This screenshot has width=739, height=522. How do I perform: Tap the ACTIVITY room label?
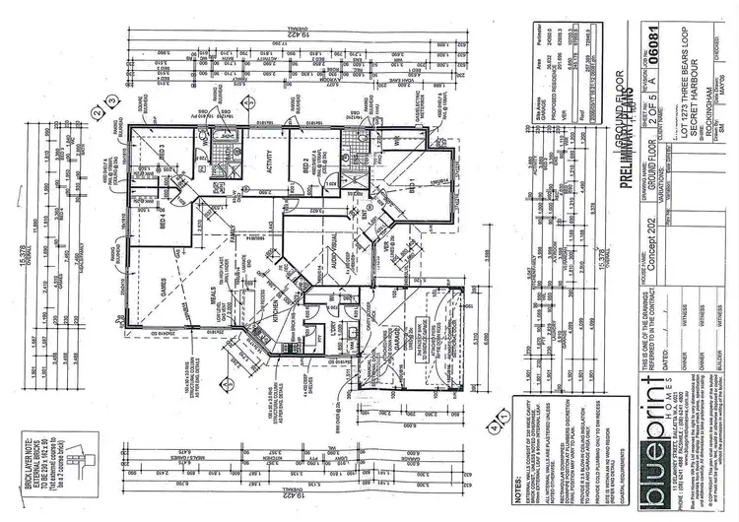coord(267,171)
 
